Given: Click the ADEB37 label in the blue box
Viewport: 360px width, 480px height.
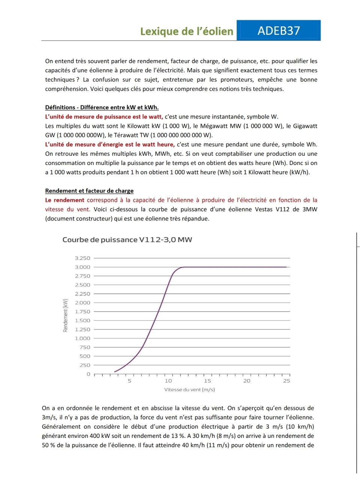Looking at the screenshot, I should [279, 30].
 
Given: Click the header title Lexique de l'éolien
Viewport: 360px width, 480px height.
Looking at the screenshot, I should [187, 31].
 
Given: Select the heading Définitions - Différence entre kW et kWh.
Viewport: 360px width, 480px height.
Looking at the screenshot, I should [102, 107].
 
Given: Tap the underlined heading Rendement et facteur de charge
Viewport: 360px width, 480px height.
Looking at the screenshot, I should [89, 191].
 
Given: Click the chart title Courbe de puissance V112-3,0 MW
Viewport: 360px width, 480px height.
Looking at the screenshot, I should [127, 240].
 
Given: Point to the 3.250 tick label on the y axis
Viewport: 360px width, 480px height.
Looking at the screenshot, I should [82, 258].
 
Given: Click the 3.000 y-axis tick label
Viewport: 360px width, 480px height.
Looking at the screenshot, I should [82, 267].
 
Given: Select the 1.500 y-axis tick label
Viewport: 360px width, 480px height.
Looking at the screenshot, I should [82, 321].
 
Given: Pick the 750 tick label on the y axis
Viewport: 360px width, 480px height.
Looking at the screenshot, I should [85, 347].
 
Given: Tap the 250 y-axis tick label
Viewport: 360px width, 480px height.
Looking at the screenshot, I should [85, 365].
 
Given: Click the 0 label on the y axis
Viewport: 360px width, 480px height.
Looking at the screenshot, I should [88, 374].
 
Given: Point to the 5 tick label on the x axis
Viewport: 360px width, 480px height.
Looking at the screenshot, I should [129, 381].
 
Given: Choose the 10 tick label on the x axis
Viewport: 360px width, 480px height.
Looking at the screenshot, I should [168, 381].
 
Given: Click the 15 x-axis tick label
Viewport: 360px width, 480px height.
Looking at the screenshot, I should [207, 381].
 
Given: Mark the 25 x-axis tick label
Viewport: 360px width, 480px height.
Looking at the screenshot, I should [286, 381].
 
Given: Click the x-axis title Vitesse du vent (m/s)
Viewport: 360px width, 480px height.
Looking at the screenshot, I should [189, 390].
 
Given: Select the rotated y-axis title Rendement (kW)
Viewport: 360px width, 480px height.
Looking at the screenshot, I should [66, 315].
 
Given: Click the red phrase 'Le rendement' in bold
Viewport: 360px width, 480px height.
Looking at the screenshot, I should [64, 200].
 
